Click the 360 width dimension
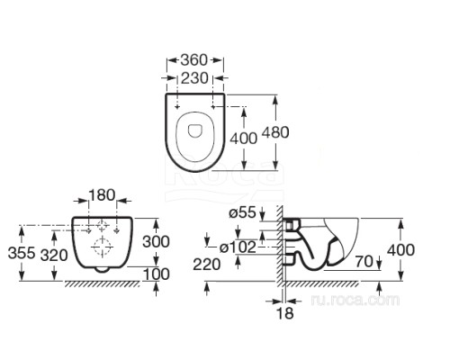point(194,60)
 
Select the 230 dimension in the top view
point(194,78)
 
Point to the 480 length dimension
point(275,132)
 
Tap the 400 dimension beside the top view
point(244,139)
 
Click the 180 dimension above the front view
point(102,195)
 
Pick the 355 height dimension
point(22,253)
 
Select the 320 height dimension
point(54,256)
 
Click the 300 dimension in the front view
point(156,241)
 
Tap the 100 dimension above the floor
point(156,274)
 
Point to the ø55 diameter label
point(242,212)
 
